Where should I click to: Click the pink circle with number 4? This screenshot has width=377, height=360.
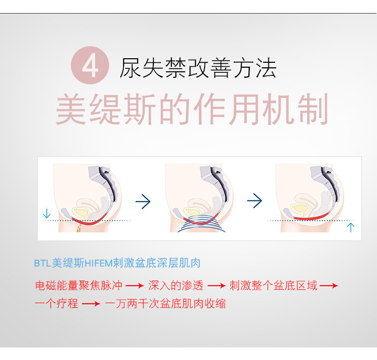tap(90, 65)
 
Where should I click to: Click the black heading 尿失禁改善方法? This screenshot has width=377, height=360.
tap(198, 68)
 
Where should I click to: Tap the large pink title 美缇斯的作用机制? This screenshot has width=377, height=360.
tap(192, 109)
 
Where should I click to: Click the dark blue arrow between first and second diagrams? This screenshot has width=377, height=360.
tap(143, 201)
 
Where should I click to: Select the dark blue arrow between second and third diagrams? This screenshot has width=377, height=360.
tap(254, 200)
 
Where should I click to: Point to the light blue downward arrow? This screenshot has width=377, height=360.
tap(46, 213)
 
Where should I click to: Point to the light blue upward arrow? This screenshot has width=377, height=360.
tap(350, 227)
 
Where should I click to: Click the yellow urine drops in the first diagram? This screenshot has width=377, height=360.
tap(78, 228)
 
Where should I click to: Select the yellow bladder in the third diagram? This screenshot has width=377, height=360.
tap(299, 209)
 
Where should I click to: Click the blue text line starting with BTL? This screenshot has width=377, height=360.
tap(117, 263)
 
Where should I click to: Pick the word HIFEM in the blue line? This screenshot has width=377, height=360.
tap(99, 264)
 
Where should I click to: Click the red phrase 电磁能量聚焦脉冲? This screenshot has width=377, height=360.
tap(78, 286)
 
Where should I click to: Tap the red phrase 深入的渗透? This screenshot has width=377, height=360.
tap(176, 286)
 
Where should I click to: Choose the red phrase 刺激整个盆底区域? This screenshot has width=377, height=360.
tap(273, 286)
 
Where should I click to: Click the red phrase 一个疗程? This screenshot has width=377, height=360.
tap(56, 304)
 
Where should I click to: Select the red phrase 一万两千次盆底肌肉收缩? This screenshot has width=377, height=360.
tap(165, 304)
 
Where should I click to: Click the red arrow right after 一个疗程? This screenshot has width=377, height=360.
tap(91, 304)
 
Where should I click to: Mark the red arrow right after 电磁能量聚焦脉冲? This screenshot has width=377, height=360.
tap(135, 286)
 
